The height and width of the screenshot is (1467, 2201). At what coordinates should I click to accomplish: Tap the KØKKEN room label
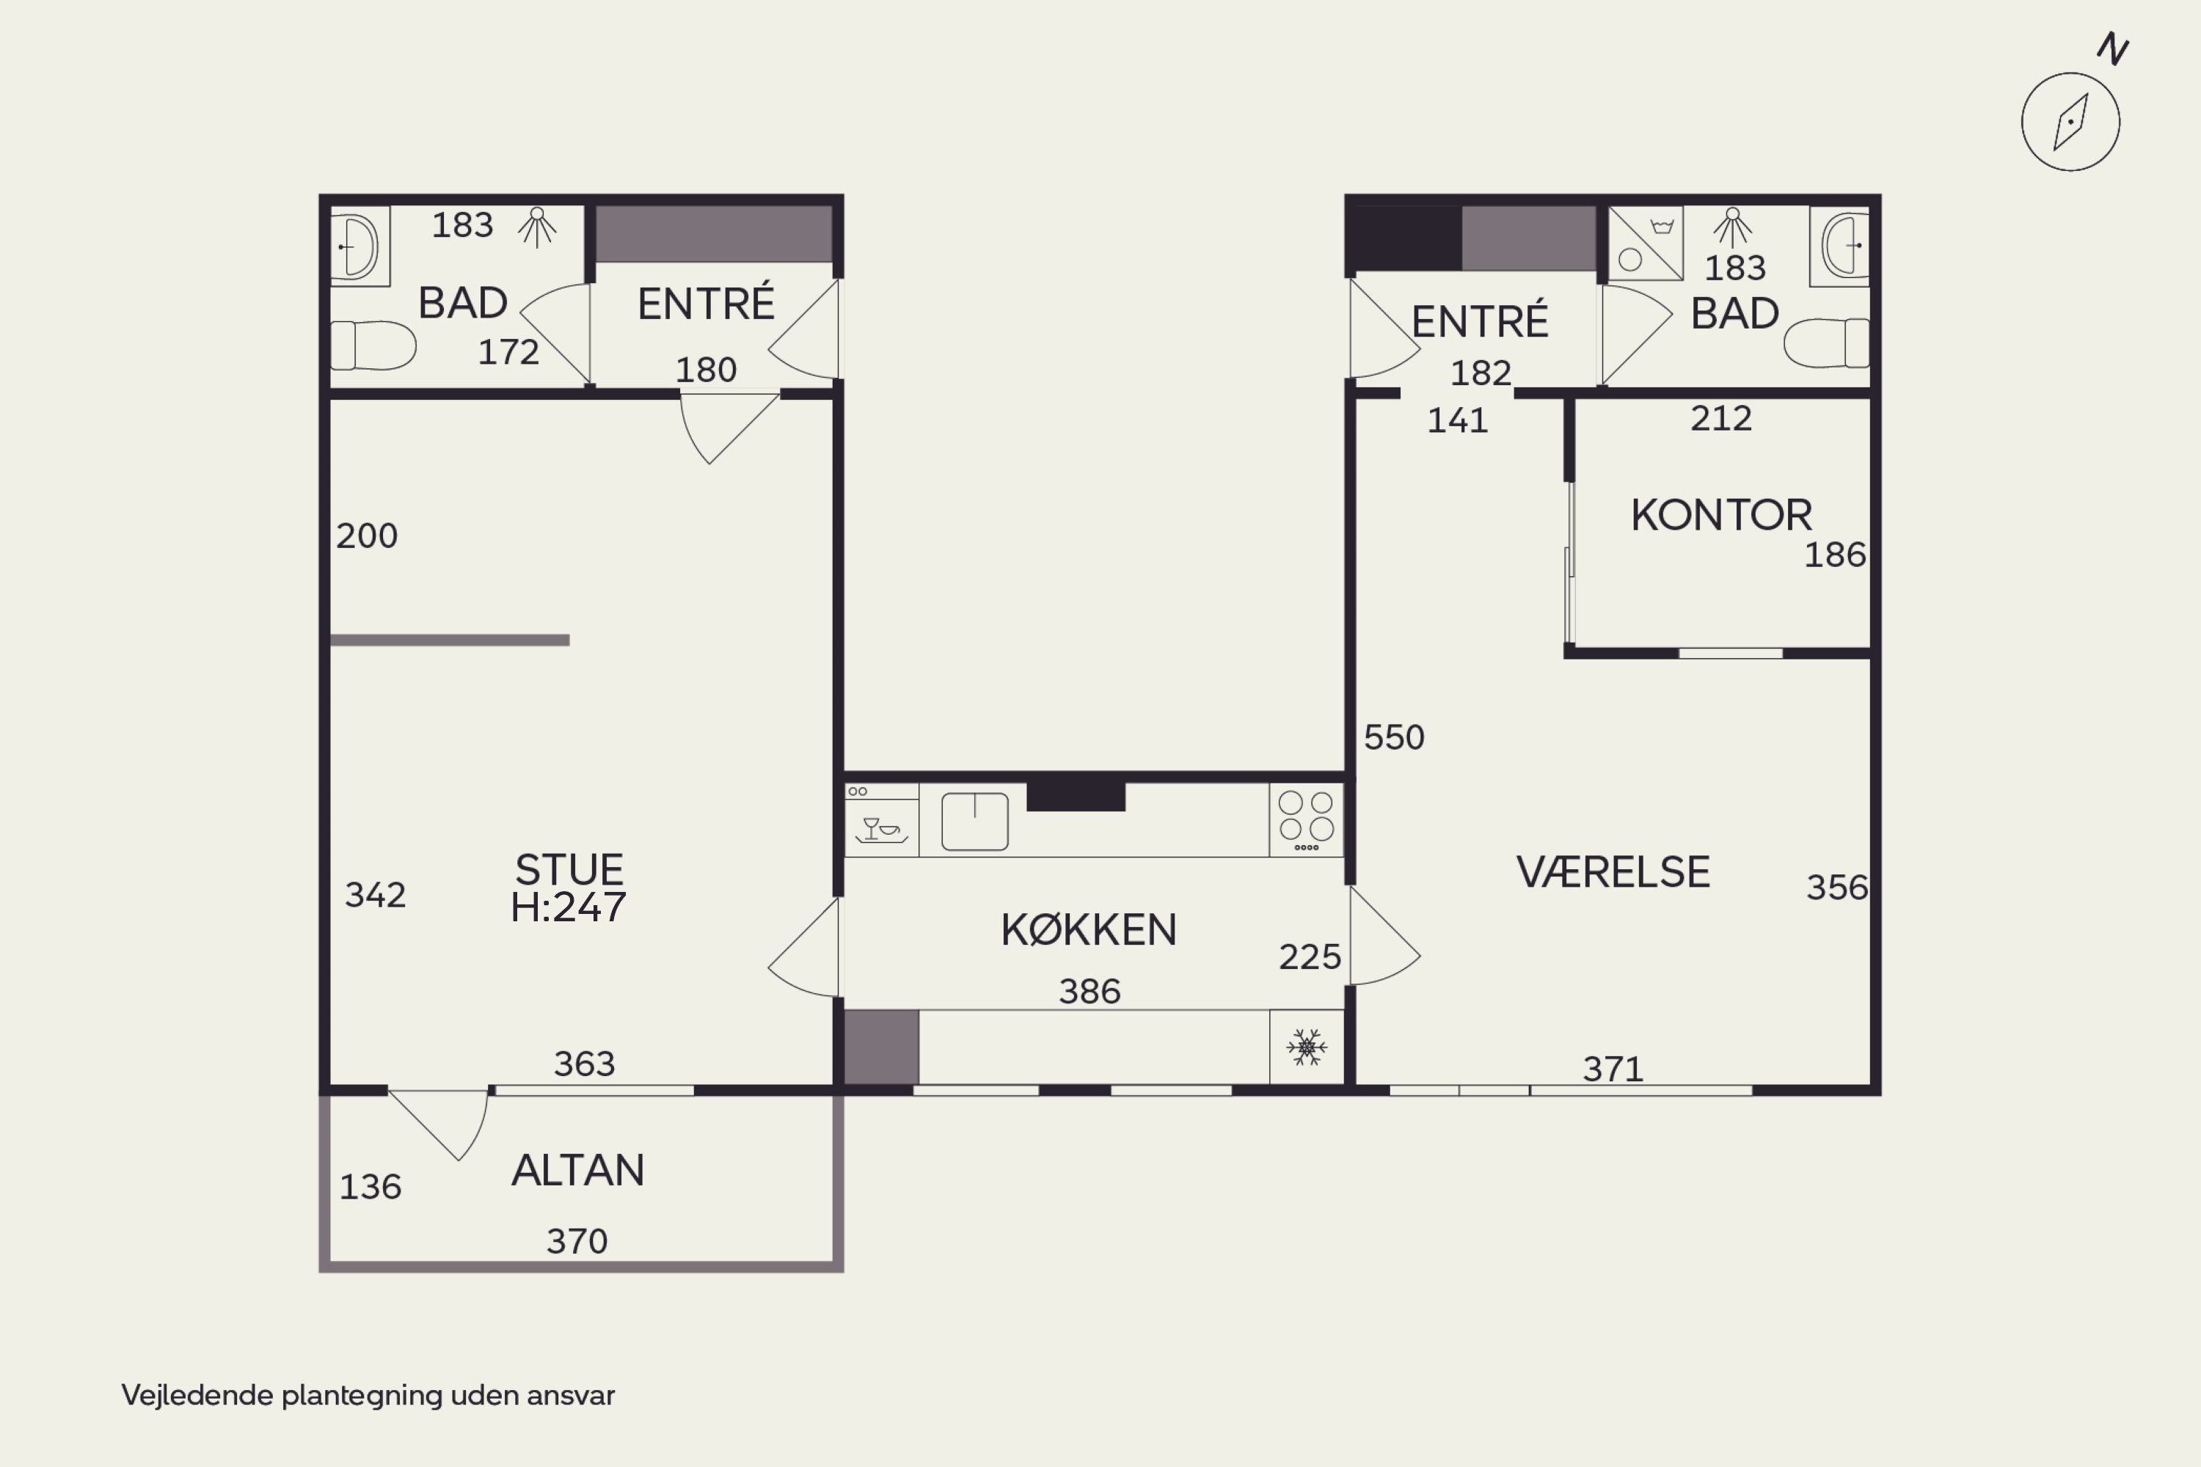(x=1088, y=930)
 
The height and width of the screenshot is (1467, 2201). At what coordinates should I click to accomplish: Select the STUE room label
(x=569, y=870)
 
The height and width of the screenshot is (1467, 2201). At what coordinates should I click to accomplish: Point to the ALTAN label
(x=577, y=1171)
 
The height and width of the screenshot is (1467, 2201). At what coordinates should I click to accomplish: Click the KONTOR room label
(x=1721, y=516)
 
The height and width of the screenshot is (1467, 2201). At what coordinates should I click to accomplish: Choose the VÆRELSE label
(x=1613, y=872)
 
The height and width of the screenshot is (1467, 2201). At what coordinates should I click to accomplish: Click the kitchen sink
(x=974, y=822)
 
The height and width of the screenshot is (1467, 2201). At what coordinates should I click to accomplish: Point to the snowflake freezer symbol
(x=1307, y=1047)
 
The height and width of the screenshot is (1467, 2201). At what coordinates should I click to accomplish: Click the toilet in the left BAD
(x=373, y=345)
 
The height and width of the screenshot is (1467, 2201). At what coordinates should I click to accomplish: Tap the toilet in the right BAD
(x=1827, y=343)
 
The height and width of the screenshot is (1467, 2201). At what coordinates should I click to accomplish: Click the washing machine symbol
(x=1645, y=244)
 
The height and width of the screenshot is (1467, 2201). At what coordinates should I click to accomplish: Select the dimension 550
(x=1393, y=737)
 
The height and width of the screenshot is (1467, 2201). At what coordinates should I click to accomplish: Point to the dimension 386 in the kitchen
(x=1089, y=991)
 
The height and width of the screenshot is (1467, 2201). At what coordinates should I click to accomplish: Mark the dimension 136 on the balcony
(x=370, y=1186)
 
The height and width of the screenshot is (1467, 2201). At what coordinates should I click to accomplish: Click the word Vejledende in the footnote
(x=197, y=1395)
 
